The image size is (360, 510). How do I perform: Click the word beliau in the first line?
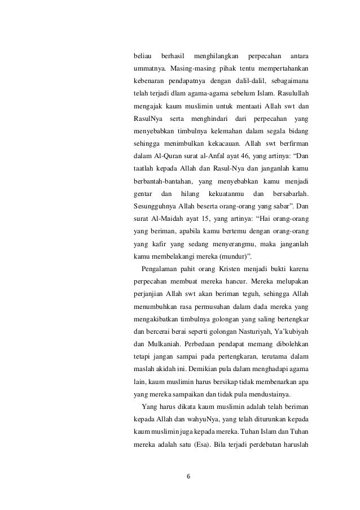click(x=142, y=57)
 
